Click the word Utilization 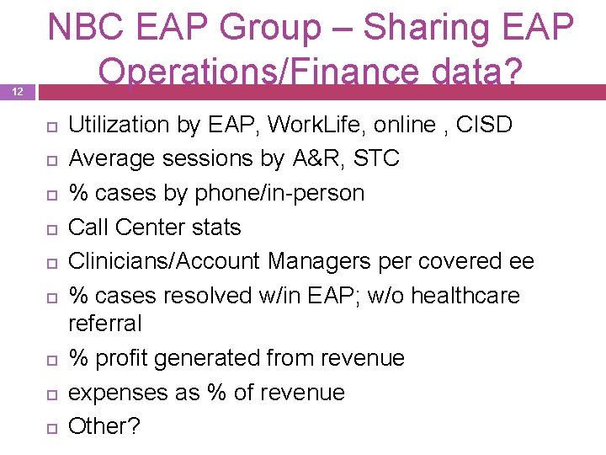tap(118, 125)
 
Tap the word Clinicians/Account tap(164, 262)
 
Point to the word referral tap(104, 324)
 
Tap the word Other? tap(104, 426)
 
